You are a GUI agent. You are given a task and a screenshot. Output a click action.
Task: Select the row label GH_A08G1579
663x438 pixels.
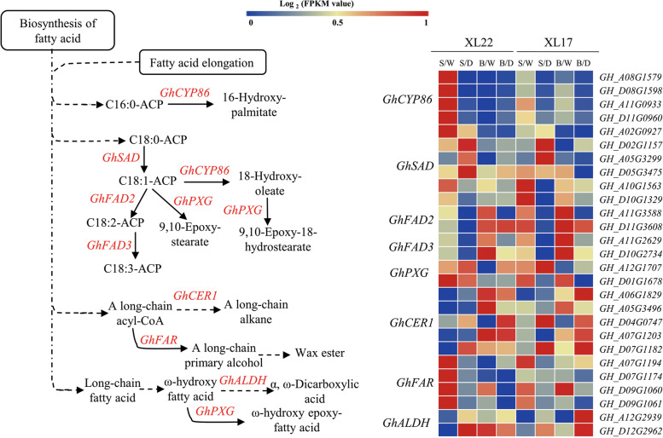click(x=631, y=77)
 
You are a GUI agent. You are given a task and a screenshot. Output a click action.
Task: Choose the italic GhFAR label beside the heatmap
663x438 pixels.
click(x=399, y=359)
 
